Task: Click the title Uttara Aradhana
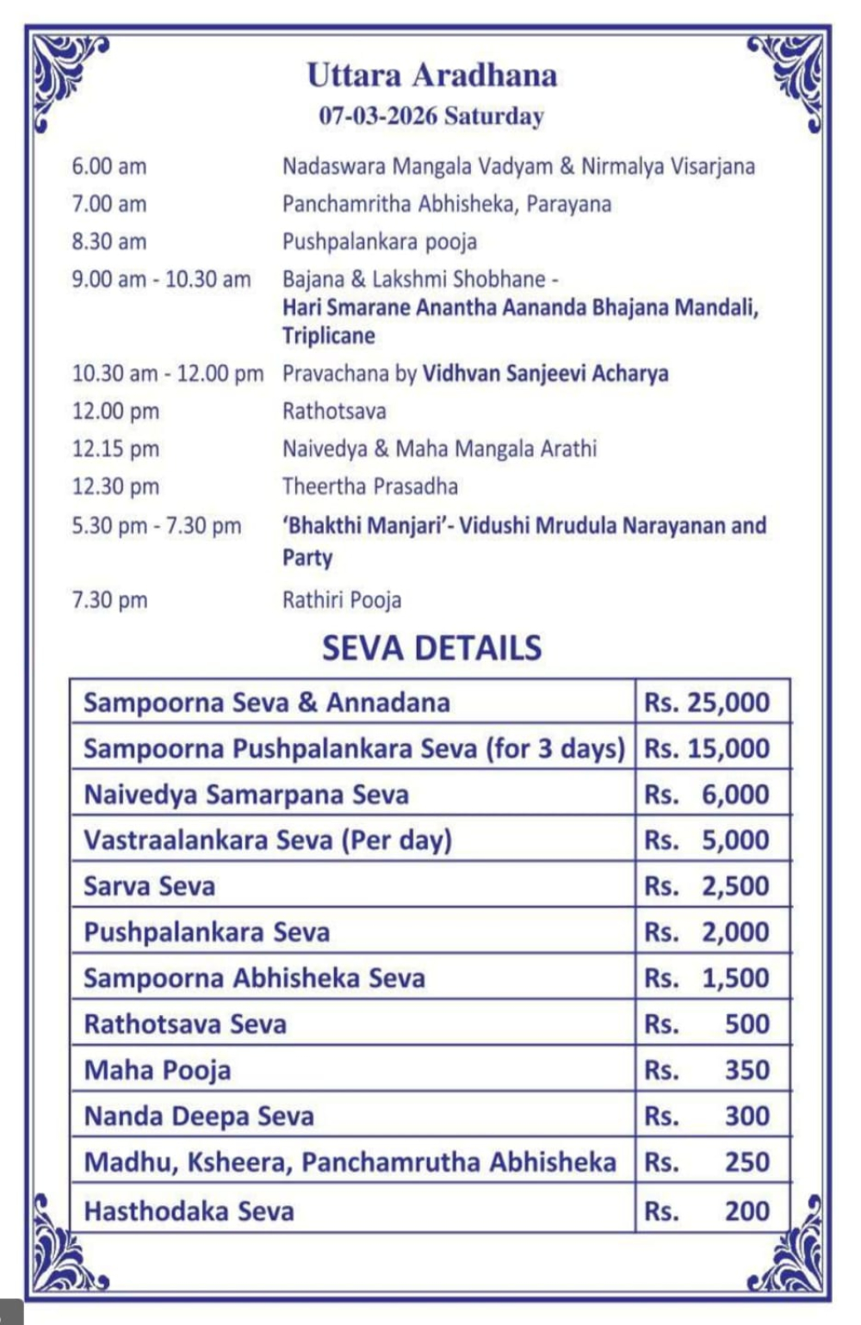coord(431,75)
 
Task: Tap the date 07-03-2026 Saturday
coord(431,115)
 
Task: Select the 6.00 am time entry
coord(109,166)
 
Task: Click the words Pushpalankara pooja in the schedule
coord(379,242)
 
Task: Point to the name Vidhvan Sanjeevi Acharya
coord(545,374)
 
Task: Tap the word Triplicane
coord(329,336)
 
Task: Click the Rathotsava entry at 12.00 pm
coord(334,412)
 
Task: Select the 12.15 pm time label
coord(115,449)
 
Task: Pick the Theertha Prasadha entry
coord(370,486)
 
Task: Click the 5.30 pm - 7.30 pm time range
coord(157,526)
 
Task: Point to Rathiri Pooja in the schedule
coord(342,600)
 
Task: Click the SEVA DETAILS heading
coord(431,647)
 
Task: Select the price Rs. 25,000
coord(707,703)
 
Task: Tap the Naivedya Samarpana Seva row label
coord(246,795)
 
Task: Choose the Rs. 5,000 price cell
coord(707,840)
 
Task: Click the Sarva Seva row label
coord(150,887)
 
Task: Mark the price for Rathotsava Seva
coord(707,1025)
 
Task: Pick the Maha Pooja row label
coord(158,1070)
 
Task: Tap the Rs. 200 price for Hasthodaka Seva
coord(707,1211)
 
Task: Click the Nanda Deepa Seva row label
coord(199,1117)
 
